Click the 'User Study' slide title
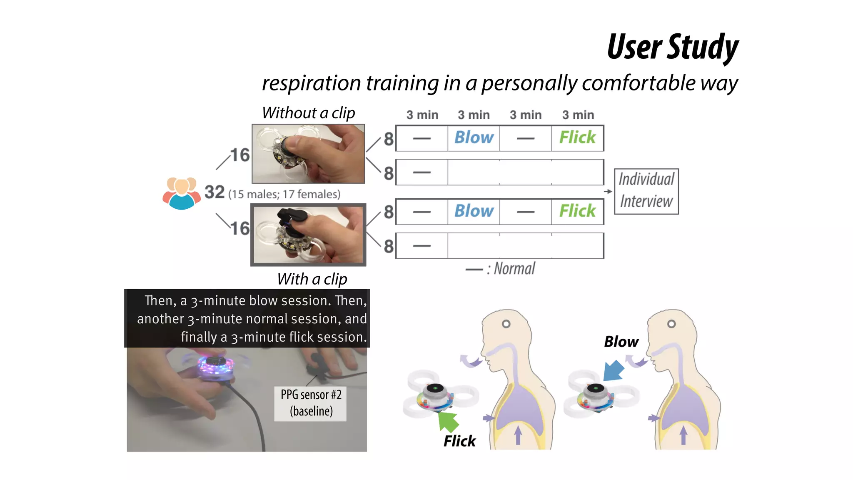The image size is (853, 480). coord(672,47)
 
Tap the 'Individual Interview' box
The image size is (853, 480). coord(646,191)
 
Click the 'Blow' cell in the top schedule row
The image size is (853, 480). coord(474,138)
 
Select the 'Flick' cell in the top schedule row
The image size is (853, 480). coord(577,138)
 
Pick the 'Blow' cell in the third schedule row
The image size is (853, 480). coord(474,211)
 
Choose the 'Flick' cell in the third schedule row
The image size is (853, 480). coord(577,211)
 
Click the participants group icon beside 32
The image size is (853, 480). coord(181,192)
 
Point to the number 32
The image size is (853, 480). coord(214,192)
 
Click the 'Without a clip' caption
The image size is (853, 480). coord(308,113)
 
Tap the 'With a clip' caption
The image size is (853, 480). coord(312,279)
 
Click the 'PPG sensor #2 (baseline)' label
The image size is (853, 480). coord(311,403)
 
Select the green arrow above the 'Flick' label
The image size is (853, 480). coord(448,421)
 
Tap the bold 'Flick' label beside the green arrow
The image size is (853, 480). coord(459,441)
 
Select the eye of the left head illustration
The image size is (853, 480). coord(506,324)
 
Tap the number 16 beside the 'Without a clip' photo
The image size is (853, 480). coord(240,155)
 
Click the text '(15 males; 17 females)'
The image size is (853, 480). coord(284,194)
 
